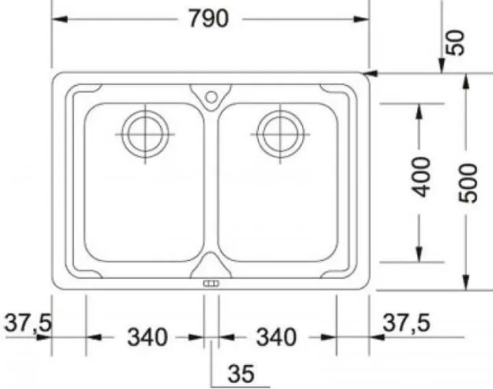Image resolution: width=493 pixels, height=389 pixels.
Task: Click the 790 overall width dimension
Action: (208, 19)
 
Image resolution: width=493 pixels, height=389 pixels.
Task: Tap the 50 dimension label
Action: (455, 43)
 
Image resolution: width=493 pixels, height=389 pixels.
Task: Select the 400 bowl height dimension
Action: (420, 177)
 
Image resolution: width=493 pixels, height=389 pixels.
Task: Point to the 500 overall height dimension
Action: (468, 182)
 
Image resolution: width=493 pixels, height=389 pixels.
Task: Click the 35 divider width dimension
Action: (241, 374)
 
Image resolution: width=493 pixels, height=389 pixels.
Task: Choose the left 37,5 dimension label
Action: (27, 322)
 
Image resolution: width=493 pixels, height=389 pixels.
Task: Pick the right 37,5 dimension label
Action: (406, 322)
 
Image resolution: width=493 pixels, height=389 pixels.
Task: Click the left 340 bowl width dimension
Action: (147, 337)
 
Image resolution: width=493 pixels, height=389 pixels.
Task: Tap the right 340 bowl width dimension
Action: (277, 337)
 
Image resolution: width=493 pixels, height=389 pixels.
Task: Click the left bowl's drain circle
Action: (145, 134)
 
